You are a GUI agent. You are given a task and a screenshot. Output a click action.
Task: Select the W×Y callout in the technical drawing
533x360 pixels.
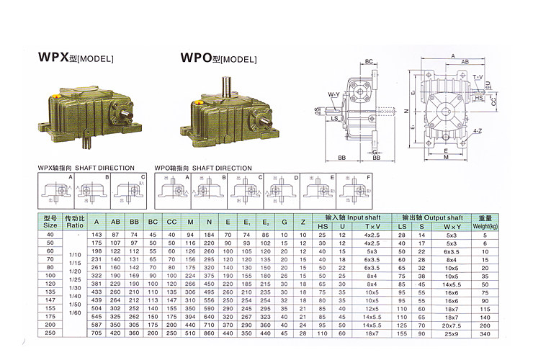coord(334,95)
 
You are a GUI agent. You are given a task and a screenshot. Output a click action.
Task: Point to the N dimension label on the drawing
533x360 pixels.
coord(406,112)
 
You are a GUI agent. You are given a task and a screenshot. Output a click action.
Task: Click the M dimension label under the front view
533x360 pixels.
coord(447,156)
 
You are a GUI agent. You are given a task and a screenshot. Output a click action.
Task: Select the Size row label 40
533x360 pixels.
coord(50,235)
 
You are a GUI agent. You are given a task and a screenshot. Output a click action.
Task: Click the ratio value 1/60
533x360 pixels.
coord(76,313)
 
